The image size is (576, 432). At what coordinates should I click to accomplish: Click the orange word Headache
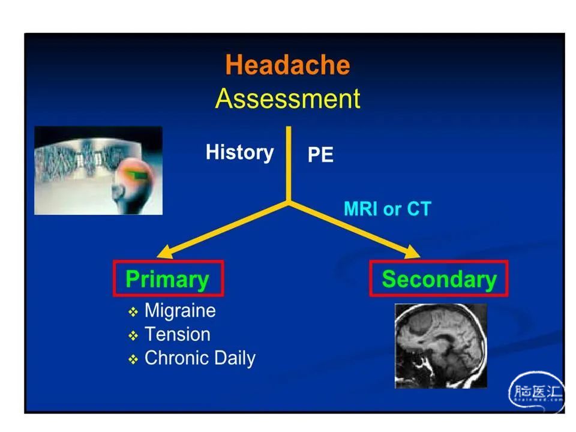287,65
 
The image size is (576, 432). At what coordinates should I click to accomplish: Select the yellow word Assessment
287,98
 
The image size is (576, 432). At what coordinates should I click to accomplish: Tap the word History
239,153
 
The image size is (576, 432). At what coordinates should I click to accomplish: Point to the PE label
320,154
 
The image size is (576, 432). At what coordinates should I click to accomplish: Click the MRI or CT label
387,209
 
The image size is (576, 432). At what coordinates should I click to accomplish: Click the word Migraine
180,310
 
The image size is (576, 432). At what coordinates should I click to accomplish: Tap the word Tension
178,334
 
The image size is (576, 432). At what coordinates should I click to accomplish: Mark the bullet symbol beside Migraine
133,312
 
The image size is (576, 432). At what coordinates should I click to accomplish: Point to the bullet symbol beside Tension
133,335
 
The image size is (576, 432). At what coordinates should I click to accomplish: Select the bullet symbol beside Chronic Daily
133,359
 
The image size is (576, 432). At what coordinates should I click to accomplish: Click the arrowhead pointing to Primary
165,252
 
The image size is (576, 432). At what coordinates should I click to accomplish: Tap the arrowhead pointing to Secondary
412,252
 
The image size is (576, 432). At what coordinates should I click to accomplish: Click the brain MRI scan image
441,346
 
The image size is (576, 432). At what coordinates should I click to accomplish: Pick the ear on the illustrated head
118,190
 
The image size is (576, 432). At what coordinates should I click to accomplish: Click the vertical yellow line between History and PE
289,164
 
